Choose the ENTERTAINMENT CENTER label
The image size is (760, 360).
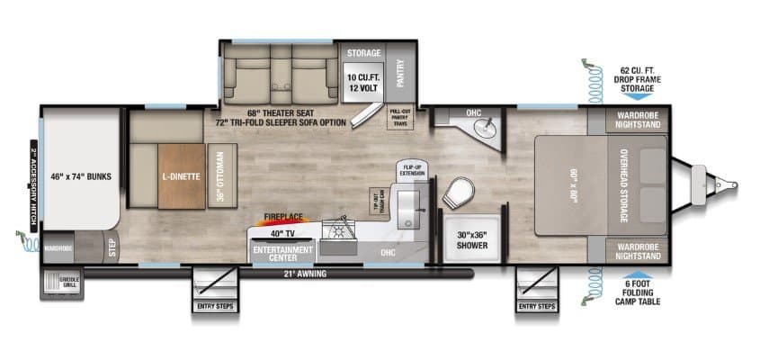tap(282, 253)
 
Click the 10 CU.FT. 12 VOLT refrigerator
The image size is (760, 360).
tap(364, 82)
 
